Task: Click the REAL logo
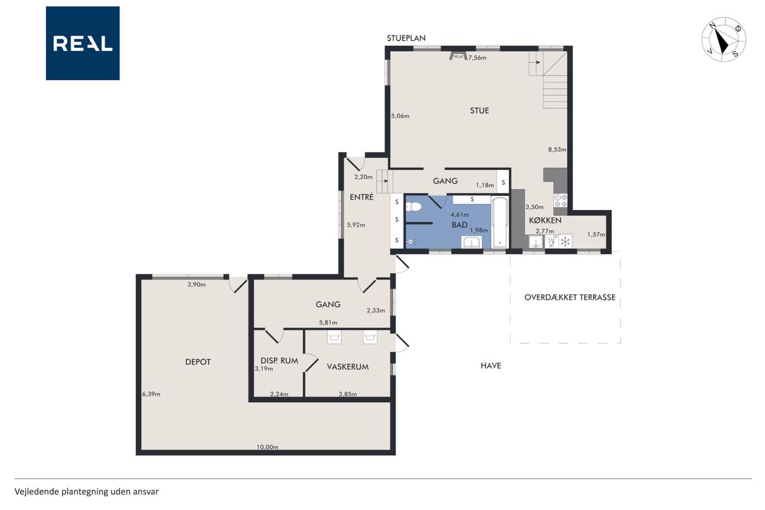click(82, 44)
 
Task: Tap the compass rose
click(724, 39)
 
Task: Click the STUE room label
click(479, 111)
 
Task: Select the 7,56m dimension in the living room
click(477, 58)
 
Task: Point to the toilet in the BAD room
click(414, 207)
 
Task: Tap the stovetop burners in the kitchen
click(561, 200)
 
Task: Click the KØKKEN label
click(545, 221)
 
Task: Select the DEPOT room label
click(198, 362)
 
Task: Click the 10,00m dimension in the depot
click(267, 447)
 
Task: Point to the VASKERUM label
click(348, 367)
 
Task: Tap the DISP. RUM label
click(279, 361)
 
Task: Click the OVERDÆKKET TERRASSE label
click(570, 297)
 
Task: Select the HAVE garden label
click(491, 365)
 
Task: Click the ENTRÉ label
click(362, 197)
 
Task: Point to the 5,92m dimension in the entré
click(356, 225)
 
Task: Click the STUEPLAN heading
click(406, 38)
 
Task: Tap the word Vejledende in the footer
click(37, 491)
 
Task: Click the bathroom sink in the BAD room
click(472, 242)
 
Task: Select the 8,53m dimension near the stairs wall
click(557, 149)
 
